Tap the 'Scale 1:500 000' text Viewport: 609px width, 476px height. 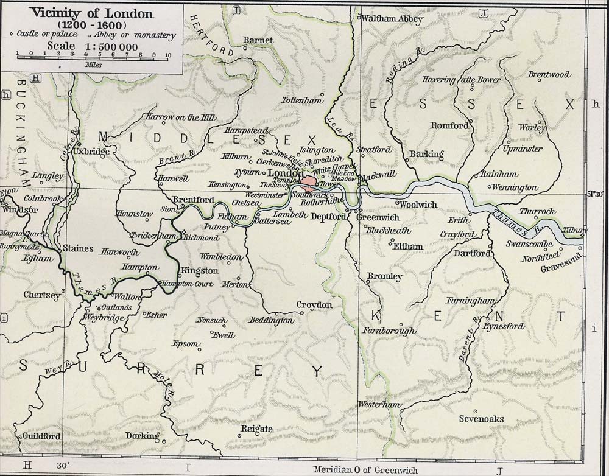tap(91, 46)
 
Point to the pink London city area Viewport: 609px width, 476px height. tap(309, 181)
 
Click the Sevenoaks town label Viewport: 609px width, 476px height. tap(481, 419)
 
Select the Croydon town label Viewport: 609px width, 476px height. tap(314, 305)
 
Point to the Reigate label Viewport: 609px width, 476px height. tap(256, 429)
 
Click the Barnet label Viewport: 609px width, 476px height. tap(258, 41)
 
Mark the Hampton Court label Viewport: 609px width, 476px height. tap(186, 284)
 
